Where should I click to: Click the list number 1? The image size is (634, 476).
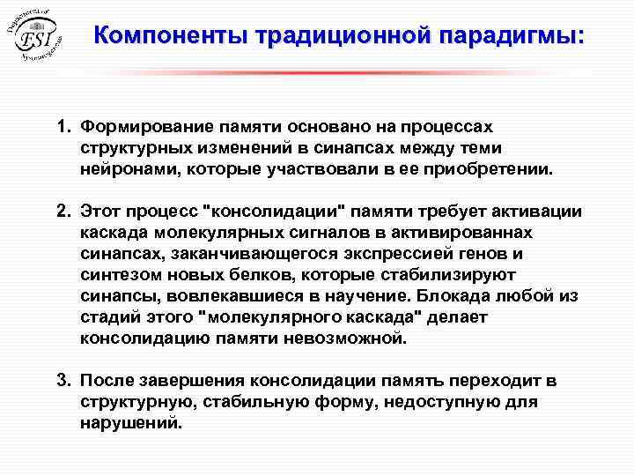click(x=63, y=129)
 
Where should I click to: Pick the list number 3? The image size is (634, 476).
click(x=63, y=382)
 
